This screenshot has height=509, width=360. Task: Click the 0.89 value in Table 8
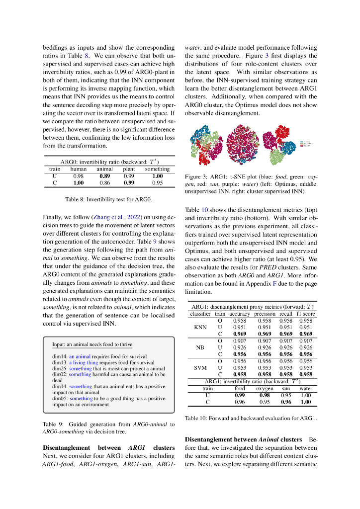coord(104,176)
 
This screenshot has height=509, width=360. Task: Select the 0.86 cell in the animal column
coord(104,182)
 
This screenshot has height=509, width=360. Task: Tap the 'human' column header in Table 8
coord(78,170)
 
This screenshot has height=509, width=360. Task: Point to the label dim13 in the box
coord(60,362)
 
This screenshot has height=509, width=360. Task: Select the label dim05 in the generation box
coord(60,398)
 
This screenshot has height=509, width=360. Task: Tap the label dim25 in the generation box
coord(60,368)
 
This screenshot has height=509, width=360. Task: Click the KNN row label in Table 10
coord(199,328)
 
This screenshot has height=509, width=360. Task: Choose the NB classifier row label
coord(199,347)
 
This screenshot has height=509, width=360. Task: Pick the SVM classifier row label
coord(199,368)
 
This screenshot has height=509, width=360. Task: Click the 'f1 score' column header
coord(306,314)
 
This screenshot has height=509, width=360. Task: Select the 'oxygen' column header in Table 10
coord(265,388)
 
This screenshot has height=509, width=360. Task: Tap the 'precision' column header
coord(265,314)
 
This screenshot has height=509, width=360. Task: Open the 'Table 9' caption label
coord(54,424)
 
